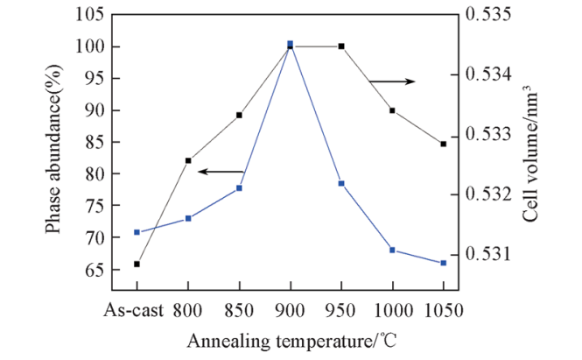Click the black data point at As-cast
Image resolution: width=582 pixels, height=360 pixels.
137,264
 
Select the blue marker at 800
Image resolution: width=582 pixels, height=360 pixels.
188,218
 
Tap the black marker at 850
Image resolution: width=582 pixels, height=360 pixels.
239,115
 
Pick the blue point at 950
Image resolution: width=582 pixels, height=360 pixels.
341,183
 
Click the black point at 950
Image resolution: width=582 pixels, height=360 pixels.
341,46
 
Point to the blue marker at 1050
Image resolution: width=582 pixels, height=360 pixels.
443,263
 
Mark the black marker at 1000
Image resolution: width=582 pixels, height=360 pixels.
392,110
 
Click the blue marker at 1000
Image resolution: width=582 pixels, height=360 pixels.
392,250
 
